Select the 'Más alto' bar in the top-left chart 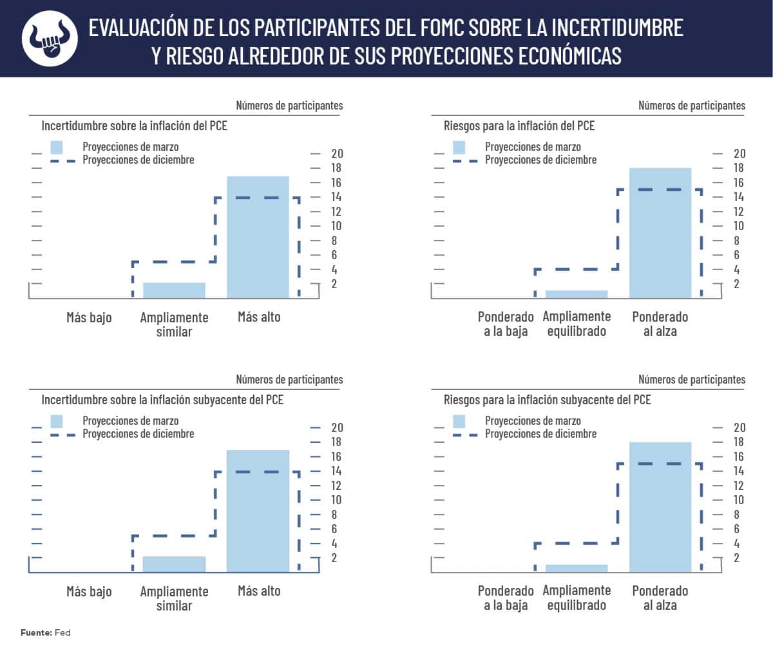(x=258, y=237)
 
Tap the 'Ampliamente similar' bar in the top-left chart (x=174, y=290)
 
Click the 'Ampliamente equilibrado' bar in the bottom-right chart (x=576, y=568)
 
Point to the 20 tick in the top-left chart (x=336, y=153)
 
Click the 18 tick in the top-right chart (x=738, y=168)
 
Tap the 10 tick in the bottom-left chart (x=336, y=500)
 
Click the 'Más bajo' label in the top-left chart (x=89, y=317)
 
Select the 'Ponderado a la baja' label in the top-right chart (x=506, y=324)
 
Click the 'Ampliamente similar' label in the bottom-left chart (x=174, y=598)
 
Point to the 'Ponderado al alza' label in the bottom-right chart (x=660, y=598)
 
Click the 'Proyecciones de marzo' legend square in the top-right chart (x=459, y=147)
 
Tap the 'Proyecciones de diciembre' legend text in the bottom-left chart (x=138, y=434)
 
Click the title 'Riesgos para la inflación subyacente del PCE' (x=547, y=400)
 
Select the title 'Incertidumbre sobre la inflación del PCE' (x=134, y=126)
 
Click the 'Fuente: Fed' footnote (x=45, y=632)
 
